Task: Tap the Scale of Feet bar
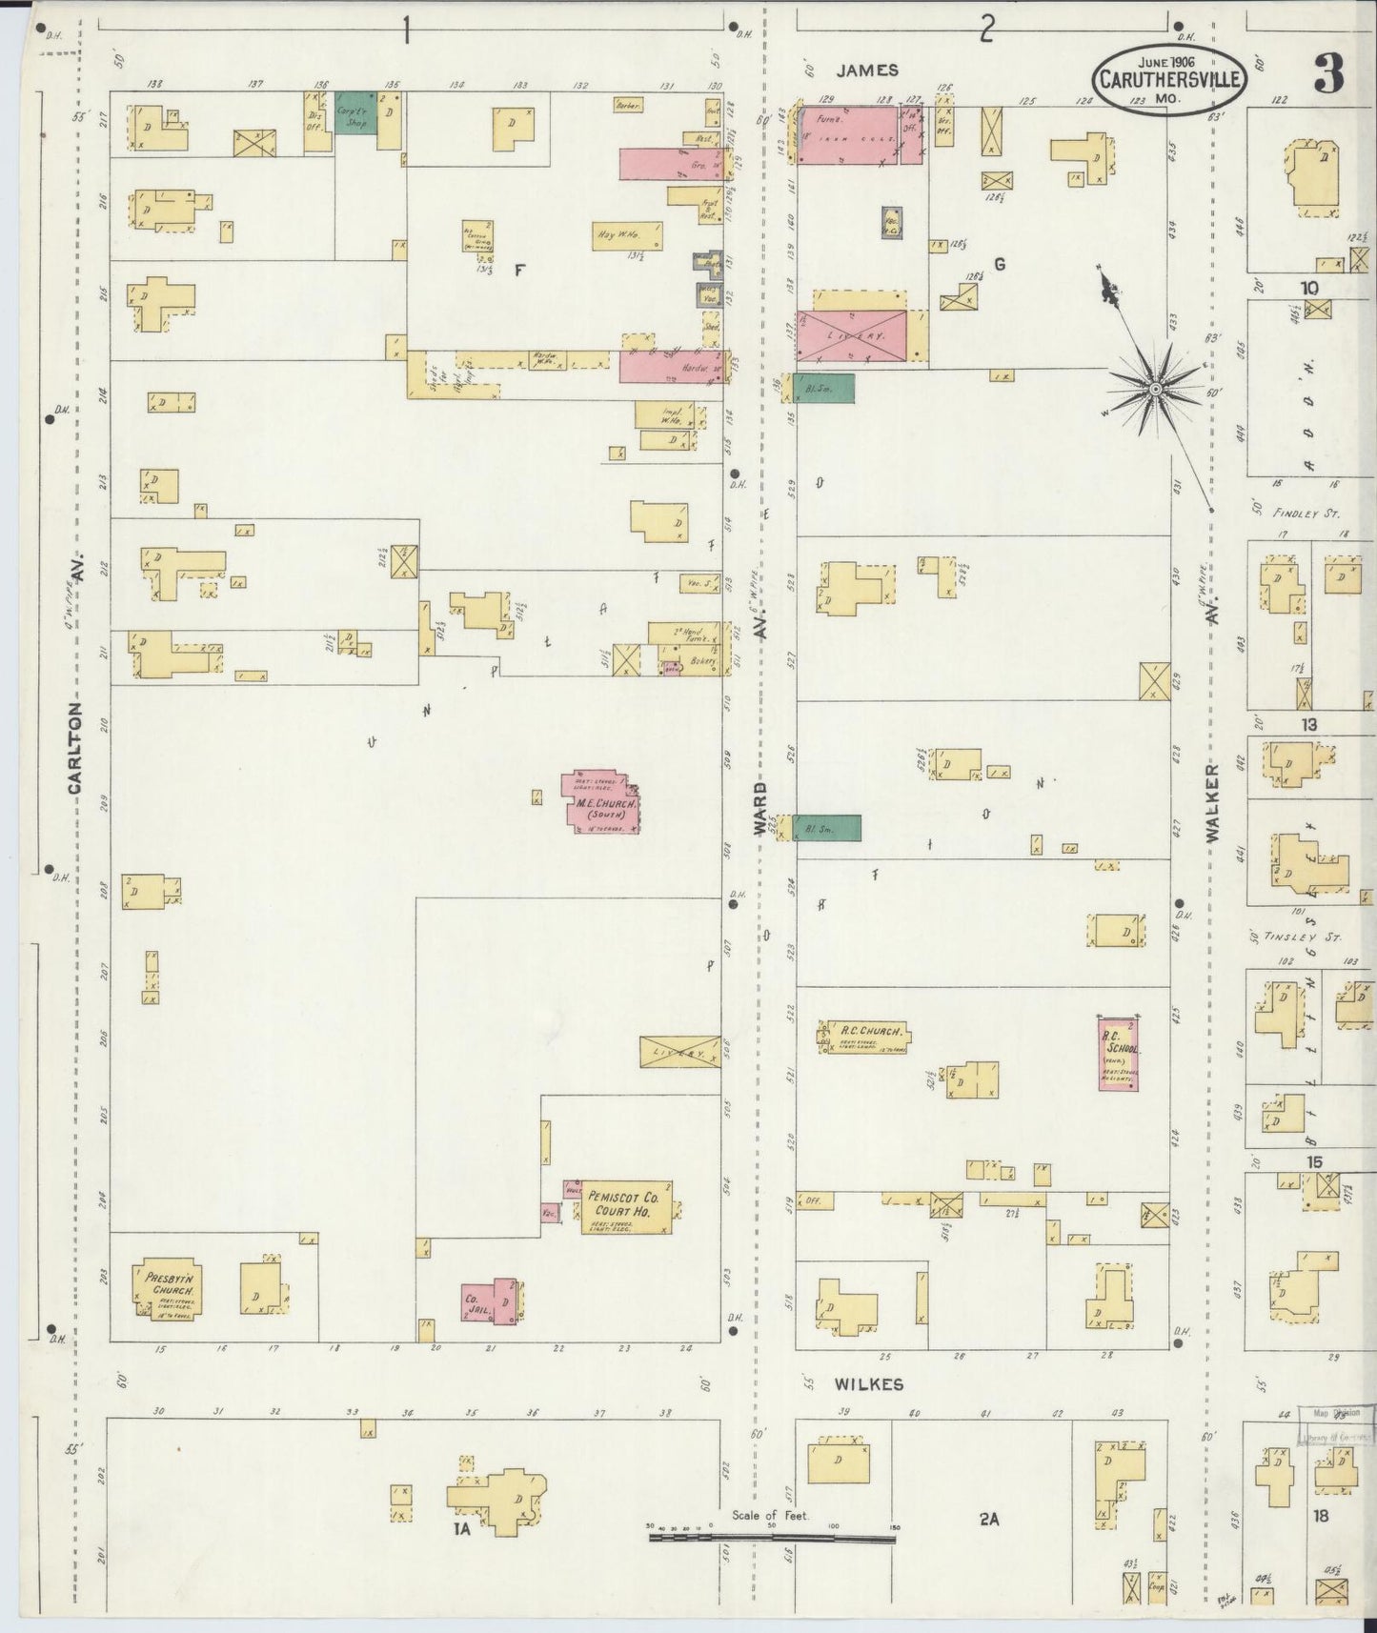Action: tap(771, 1531)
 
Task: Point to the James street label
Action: tap(867, 70)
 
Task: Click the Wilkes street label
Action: tap(868, 1383)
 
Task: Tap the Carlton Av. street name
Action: tap(76, 743)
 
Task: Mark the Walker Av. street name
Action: tap(1212, 800)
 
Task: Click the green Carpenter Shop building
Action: tap(355, 112)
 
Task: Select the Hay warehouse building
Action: tap(627, 235)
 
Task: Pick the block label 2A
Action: tap(988, 1520)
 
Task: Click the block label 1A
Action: tap(463, 1530)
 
